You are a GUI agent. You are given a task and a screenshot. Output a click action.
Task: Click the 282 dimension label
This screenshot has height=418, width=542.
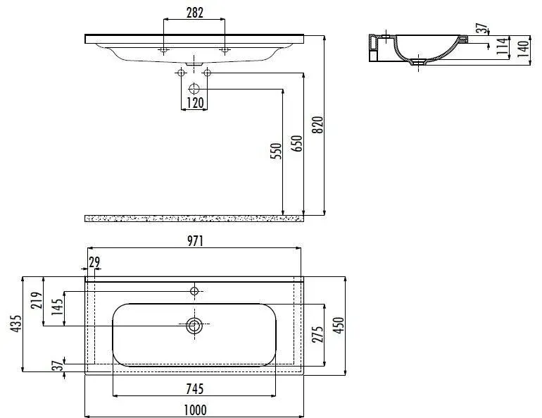pyautogui.click(x=194, y=13)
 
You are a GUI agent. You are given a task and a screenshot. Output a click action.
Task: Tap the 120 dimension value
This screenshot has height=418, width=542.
pyautogui.click(x=195, y=103)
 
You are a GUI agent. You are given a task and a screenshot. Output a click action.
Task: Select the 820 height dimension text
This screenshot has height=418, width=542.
pyautogui.click(x=317, y=125)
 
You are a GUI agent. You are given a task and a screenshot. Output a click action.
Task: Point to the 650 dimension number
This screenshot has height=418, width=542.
pyautogui.click(x=296, y=143)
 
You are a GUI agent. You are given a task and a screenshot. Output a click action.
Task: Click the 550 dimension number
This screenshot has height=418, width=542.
pyautogui.click(x=276, y=151)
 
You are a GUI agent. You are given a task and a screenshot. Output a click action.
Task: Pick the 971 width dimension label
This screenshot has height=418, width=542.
pyautogui.click(x=195, y=241)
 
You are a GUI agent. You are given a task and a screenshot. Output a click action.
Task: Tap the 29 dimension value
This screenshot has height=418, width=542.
pyautogui.click(x=94, y=262)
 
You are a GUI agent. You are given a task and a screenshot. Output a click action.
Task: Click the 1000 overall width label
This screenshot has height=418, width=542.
pyautogui.click(x=195, y=410)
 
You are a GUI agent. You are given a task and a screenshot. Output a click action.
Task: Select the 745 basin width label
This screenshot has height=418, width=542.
pyautogui.click(x=194, y=389)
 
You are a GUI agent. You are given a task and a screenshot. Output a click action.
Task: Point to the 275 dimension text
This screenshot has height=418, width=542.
pyautogui.click(x=317, y=334)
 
